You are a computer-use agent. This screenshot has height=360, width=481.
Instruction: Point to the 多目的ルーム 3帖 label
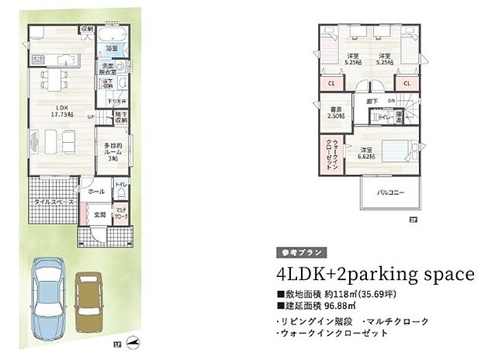(x=111, y=151)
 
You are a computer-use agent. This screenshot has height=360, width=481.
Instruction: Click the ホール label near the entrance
(x=96, y=190)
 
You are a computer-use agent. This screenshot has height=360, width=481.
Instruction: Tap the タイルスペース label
(x=53, y=202)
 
